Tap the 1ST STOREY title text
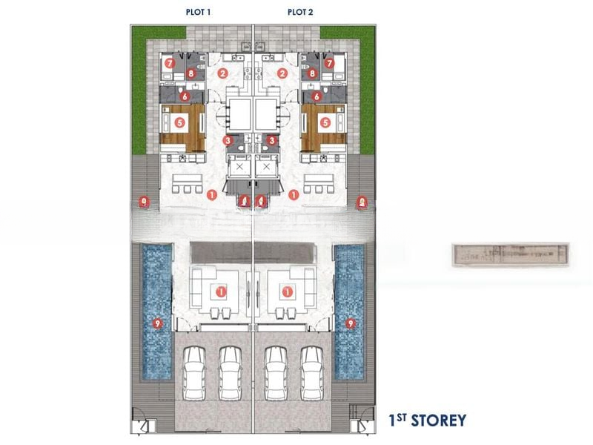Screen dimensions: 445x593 pyautogui.click(x=428, y=421)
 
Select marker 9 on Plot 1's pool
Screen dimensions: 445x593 pyautogui.click(x=156, y=323)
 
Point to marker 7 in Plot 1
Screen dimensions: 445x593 pyautogui.click(x=170, y=64)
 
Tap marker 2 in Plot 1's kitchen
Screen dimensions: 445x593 pyautogui.click(x=223, y=73)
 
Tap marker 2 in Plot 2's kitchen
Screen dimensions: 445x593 pyautogui.click(x=282, y=73)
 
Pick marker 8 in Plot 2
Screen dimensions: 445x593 pyautogui.click(x=312, y=73)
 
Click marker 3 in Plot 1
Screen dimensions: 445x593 pyautogui.click(x=228, y=139)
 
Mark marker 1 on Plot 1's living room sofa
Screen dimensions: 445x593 pyautogui.click(x=221, y=291)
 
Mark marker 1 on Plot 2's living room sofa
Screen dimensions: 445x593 pyautogui.click(x=287, y=291)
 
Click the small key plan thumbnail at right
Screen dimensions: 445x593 pyautogui.click(x=510, y=254)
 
